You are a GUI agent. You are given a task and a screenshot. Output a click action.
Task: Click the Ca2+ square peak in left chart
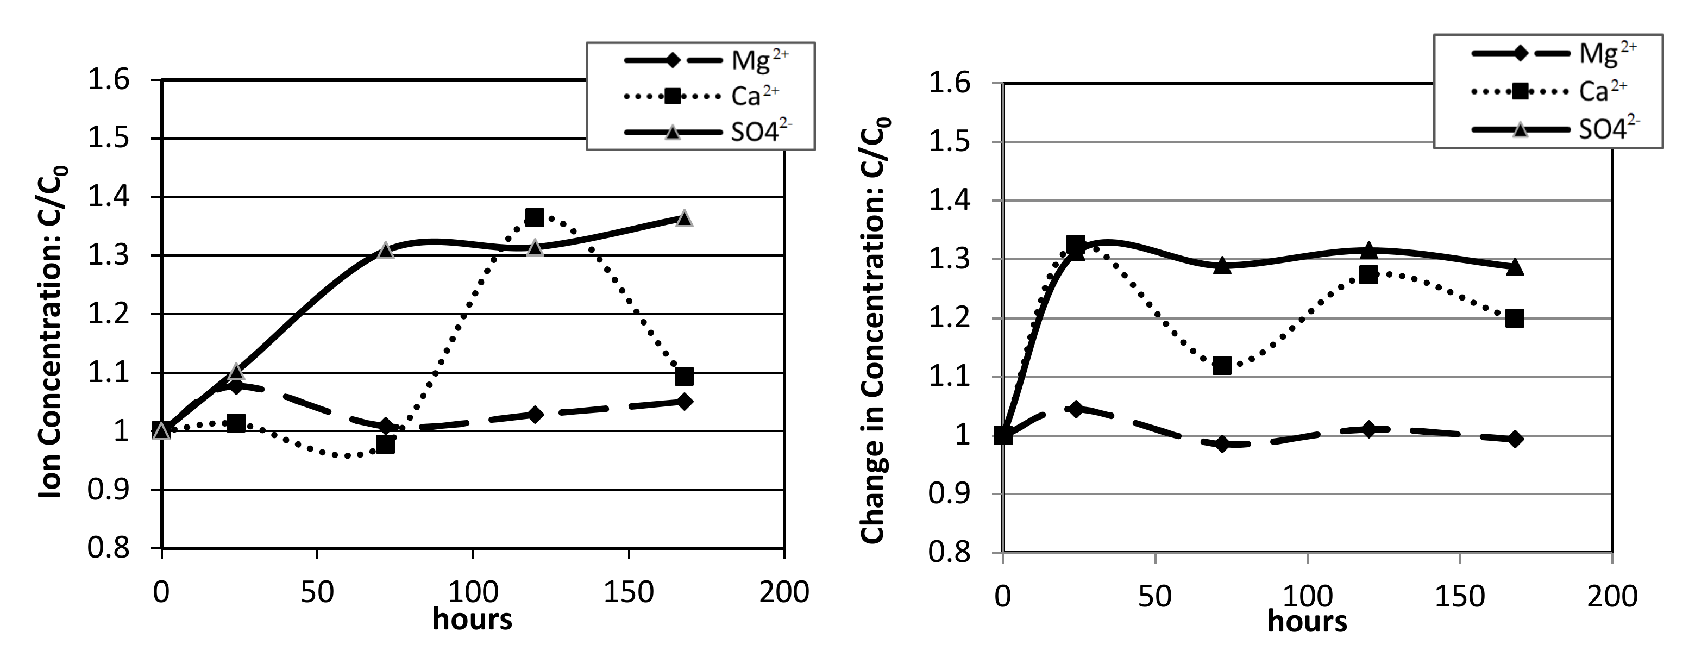click(x=534, y=217)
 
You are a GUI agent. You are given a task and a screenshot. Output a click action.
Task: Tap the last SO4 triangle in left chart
click(x=683, y=218)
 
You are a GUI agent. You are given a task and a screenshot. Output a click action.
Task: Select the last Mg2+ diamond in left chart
click(x=683, y=402)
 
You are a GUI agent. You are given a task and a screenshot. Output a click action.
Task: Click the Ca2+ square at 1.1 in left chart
click(x=683, y=377)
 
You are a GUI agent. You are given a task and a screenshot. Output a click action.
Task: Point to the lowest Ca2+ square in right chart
click(x=1221, y=365)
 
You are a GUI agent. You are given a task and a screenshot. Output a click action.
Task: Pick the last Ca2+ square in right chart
click(x=1514, y=318)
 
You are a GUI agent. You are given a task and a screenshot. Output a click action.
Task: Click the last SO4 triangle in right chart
click(x=1514, y=267)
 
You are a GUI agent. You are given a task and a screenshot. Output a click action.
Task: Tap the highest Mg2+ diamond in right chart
click(x=1076, y=409)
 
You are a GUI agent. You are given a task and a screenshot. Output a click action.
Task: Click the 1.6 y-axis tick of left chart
click(x=109, y=80)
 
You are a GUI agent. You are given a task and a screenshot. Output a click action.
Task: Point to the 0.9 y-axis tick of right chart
click(x=950, y=494)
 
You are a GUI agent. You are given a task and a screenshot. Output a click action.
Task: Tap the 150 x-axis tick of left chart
click(x=629, y=592)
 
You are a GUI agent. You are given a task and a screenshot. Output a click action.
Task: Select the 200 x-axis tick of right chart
click(x=1611, y=597)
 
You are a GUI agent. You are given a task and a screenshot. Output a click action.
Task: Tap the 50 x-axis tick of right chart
click(x=1155, y=597)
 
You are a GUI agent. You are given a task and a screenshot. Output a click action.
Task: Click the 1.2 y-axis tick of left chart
click(x=109, y=314)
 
